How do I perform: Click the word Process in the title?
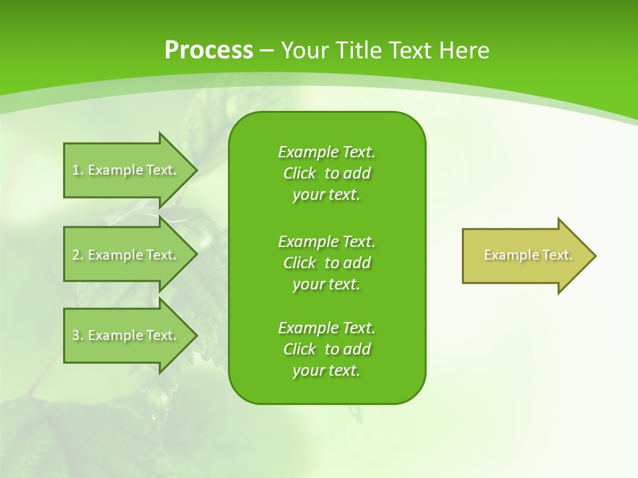coord(209,50)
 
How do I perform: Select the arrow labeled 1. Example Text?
coord(124,170)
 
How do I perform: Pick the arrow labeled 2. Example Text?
coord(124,255)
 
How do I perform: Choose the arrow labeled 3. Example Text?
coord(124,335)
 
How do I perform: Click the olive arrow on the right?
coord(525,256)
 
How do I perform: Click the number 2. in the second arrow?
coord(78,255)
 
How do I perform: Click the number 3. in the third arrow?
coord(78,335)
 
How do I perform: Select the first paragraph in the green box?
coord(327,173)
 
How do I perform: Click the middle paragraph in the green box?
coord(327,263)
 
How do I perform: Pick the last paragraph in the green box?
coord(327,349)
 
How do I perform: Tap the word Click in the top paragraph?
coord(300,173)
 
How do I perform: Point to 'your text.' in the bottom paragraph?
coord(326,370)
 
